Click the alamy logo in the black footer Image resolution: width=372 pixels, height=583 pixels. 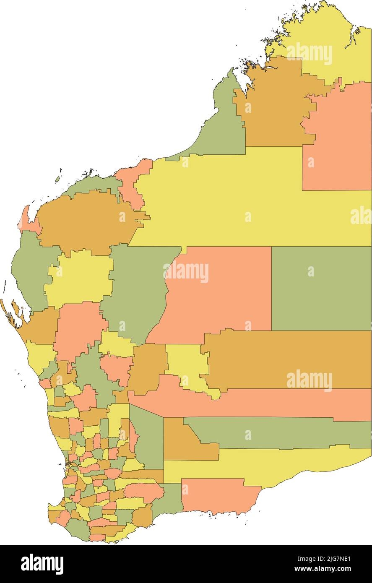pos(42,564)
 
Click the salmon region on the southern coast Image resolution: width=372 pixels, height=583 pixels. pos(214,495)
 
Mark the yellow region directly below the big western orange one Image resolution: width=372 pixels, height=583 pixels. pos(80,277)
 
